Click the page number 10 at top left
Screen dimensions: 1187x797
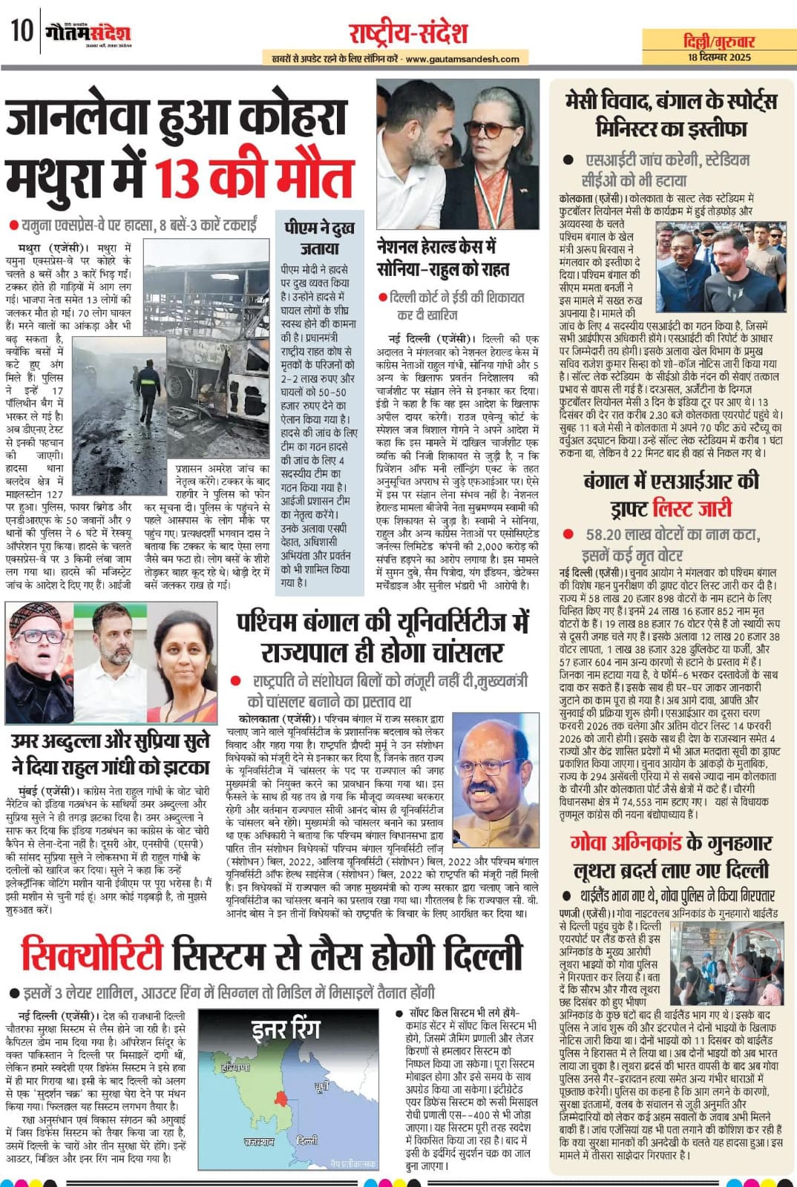(22, 31)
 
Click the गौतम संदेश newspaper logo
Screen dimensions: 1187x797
(87, 33)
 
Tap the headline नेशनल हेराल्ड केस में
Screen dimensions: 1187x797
(436, 246)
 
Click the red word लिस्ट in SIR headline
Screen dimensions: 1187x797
(691, 508)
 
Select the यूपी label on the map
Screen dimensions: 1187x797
(321, 1087)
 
